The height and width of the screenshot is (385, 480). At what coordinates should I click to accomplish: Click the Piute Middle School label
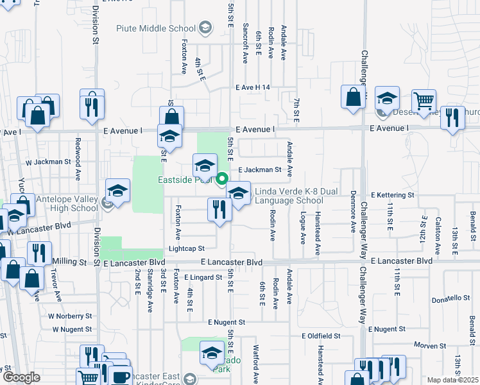[x=156, y=28]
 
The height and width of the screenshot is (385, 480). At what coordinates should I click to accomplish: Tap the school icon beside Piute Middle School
[x=205, y=28]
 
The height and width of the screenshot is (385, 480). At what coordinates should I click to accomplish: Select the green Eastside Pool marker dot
[x=222, y=180]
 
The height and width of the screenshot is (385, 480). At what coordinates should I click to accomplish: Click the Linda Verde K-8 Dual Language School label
[x=289, y=196]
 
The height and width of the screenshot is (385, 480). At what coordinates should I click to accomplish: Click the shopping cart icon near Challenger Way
[x=424, y=101]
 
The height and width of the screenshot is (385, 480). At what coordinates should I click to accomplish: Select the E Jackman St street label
[x=260, y=170]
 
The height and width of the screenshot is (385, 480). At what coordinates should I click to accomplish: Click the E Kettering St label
[x=393, y=194]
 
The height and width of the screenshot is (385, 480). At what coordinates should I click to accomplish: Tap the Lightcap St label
[x=186, y=248]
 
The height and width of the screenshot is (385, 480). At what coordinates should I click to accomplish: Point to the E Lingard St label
[x=203, y=277]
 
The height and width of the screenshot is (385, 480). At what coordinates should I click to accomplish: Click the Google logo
[x=21, y=377]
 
